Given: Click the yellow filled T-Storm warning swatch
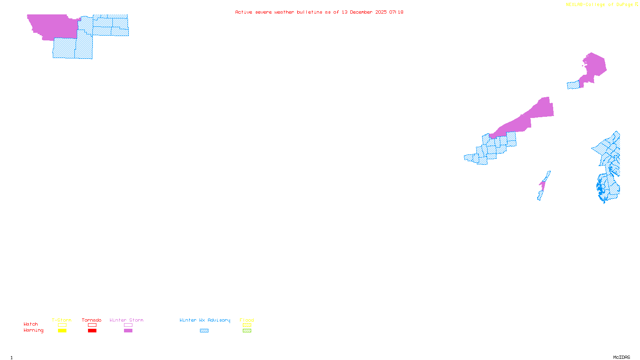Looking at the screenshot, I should (62, 331).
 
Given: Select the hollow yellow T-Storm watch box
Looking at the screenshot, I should (62, 325).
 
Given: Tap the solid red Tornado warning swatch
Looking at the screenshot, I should (92, 331).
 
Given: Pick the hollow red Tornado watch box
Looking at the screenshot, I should (92, 325).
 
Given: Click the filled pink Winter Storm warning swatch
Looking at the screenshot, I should (128, 331).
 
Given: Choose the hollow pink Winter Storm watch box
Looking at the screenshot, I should (128, 325).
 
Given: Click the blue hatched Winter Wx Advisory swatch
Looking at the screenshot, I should (204, 331).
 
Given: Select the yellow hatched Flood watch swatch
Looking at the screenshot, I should (247, 325).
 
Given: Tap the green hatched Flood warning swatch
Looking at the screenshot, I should (247, 331).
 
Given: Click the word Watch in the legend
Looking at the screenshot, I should (31, 324).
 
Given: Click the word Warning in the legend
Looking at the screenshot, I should (34, 330).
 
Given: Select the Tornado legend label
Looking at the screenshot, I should (92, 320).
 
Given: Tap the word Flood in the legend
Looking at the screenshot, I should (247, 320).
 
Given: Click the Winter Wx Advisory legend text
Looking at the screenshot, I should (205, 320).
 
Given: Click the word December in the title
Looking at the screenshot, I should (361, 12).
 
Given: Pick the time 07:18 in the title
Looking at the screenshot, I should (396, 12).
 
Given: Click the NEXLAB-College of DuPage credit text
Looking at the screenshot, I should (599, 5).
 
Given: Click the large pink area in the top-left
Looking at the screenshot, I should (52, 26).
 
